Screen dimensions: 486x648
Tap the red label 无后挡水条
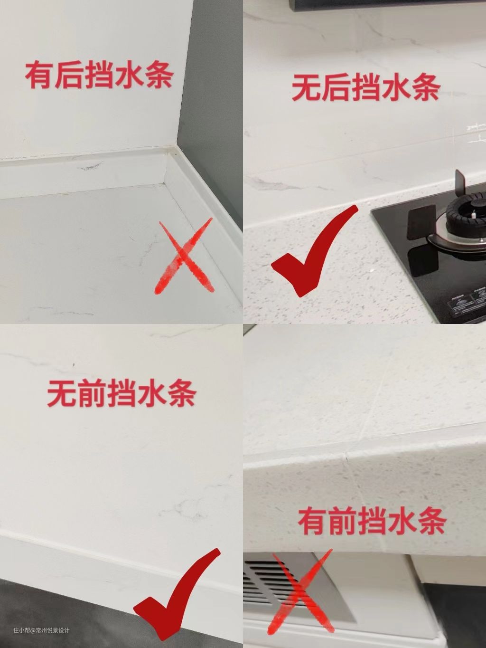[x=366, y=86]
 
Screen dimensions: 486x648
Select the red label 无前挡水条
[x=122, y=393]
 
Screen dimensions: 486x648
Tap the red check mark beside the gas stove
[x=314, y=251]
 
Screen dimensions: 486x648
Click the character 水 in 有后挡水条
[x=129, y=75]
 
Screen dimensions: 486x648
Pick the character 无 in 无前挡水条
[x=62, y=393]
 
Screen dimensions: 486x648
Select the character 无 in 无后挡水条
[x=306, y=87]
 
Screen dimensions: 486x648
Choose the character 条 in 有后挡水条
[x=159, y=75]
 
